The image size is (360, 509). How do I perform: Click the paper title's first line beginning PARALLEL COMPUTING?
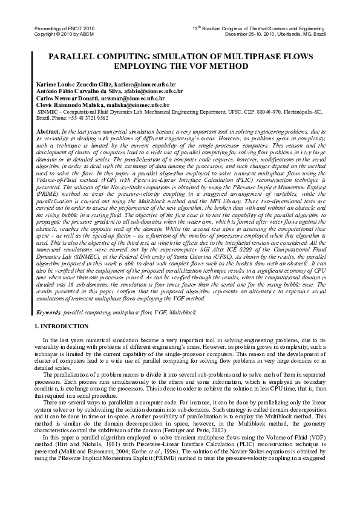tap(180, 57)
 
